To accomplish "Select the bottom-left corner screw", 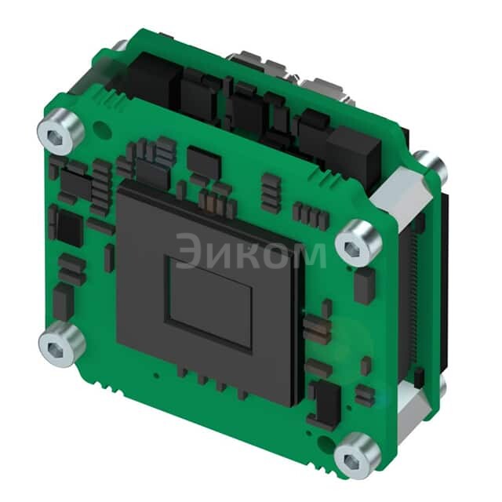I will click(60, 344).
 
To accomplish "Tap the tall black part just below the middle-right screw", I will click(363, 287).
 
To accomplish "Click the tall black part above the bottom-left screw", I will click(63, 301).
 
